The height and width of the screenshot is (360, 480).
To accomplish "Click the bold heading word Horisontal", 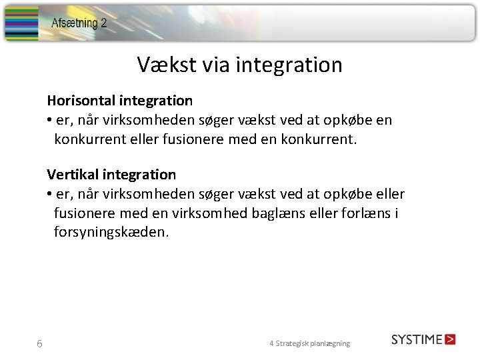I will [81, 101].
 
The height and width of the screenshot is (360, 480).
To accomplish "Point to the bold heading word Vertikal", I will [73, 175].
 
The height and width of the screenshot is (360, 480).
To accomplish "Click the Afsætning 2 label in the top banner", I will [79, 23].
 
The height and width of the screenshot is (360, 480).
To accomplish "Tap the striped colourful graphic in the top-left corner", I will [22, 23].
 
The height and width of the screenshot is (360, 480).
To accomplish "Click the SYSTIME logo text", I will [417, 339].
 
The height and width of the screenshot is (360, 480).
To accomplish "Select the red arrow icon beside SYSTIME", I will [450, 339].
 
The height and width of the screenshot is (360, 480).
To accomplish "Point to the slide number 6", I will [39, 344].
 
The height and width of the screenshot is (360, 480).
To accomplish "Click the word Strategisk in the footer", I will [295, 343].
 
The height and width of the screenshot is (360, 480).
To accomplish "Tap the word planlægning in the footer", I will [331, 343].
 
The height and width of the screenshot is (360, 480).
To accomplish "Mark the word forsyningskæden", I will [112, 233].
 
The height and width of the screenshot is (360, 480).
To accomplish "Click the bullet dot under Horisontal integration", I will [50, 121].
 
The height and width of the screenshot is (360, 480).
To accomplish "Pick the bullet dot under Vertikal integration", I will [50, 195].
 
